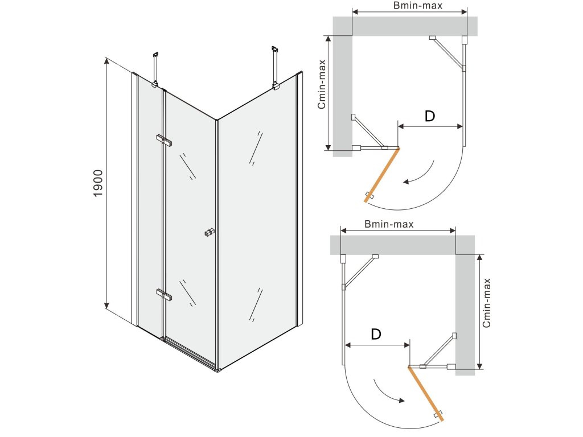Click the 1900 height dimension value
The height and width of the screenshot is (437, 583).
tap(98, 183)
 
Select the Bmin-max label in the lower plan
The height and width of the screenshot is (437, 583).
tap(389, 224)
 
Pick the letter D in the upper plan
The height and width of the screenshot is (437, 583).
tap(430, 116)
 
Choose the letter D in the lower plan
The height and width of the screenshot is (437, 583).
tap(376, 335)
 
